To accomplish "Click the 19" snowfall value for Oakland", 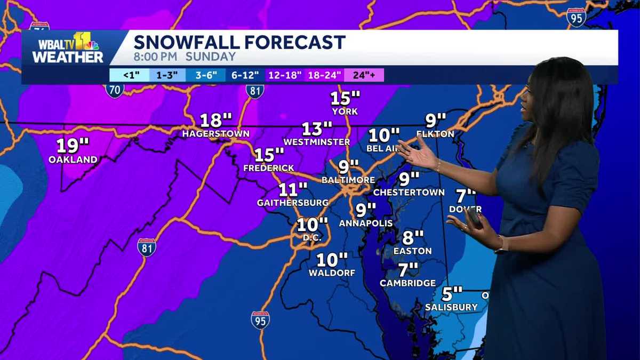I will (x=73, y=145).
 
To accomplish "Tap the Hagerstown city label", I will (x=215, y=133).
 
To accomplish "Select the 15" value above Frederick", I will (x=269, y=155).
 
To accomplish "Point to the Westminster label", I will (x=316, y=142).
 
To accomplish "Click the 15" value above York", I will (x=345, y=99).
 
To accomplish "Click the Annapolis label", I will (x=365, y=223).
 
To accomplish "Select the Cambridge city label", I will (x=407, y=283).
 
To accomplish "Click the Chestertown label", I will (x=409, y=192).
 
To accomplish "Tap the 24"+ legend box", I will (x=364, y=75).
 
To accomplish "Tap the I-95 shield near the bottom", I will (x=260, y=320).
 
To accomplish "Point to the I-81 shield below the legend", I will (x=255, y=91).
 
